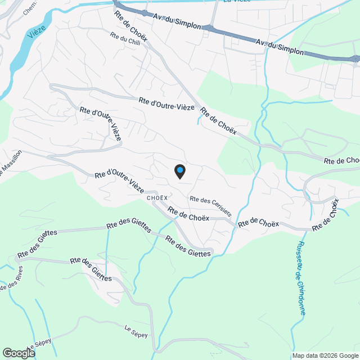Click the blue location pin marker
pyautogui.click(x=179, y=171)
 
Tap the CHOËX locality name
pyautogui.click(x=157, y=198)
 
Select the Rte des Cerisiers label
pyautogui.click(x=210, y=206)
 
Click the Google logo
pyautogui.click(x=18, y=353)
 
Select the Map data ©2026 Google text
pyautogui.click(x=325, y=355)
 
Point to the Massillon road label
pyautogui.click(x=10, y=163)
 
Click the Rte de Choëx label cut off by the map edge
pyautogui.click(x=341, y=161)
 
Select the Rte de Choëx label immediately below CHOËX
pyautogui.click(x=188, y=215)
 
